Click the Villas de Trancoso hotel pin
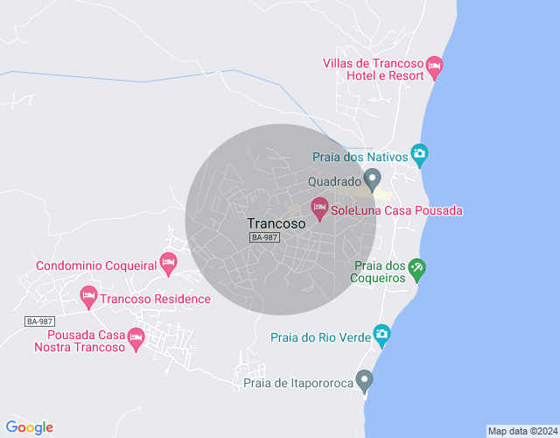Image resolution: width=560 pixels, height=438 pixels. pyautogui.click(x=435, y=66)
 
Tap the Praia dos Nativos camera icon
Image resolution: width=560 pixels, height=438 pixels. pyautogui.click(x=419, y=156)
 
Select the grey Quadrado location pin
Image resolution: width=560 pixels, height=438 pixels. pyautogui.click(x=372, y=181)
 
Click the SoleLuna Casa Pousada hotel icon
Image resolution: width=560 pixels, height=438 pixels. pyautogui.click(x=319, y=208)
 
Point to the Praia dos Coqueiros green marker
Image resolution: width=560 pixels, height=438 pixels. pyautogui.click(x=416, y=270)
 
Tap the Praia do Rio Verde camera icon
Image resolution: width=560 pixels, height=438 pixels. pyautogui.click(x=381, y=334)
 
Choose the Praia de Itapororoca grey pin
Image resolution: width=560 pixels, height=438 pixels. pyautogui.click(x=365, y=380)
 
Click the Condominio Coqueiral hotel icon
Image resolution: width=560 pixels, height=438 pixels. pyautogui.click(x=169, y=262)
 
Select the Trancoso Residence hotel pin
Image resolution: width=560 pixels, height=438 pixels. pyautogui.click(x=88, y=297)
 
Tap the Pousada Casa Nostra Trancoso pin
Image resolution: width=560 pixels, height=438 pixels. pyautogui.click(x=136, y=337)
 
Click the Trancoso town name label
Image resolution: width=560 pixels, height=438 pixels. pyautogui.click(x=276, y=223)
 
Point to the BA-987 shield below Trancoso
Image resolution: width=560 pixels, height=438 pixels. pyautogui.click(x=264, y=238)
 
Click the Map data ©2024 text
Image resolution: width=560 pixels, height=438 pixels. pyautogui.click(x=521, y=431)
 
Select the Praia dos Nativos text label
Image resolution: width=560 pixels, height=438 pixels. pyautogui.click(x=360, y=157)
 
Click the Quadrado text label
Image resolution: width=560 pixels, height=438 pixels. pyautogui.click(x=334, y=182)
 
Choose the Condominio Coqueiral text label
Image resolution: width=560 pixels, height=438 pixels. pyautogui.click(x=95, y=265)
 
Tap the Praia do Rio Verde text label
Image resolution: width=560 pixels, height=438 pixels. pyautogui.click(x=320, y=336)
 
